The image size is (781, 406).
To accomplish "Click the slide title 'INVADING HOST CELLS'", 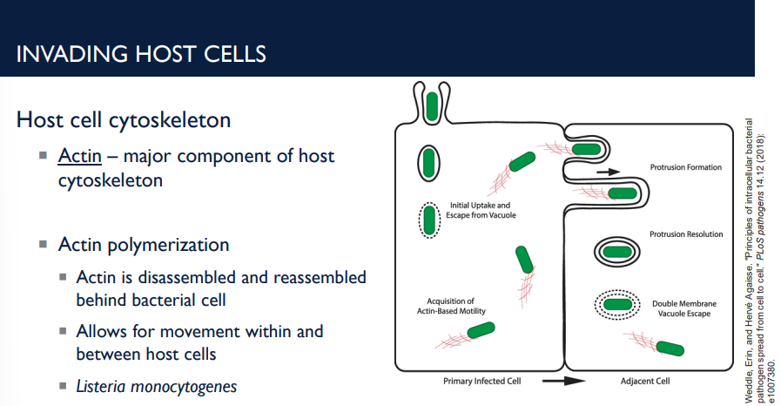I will pos(141,53).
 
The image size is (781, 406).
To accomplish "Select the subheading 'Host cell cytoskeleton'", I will pos(124,119).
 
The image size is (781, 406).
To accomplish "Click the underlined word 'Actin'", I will pos(80,157).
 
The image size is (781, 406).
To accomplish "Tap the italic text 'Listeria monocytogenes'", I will pos(156,386).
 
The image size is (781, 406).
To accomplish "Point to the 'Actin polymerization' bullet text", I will pos(144,244).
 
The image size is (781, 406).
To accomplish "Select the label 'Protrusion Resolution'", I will pos(686,234).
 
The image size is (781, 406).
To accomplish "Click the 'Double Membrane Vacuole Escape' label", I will pos(684,308).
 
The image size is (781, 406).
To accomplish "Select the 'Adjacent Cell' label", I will pos(645,381).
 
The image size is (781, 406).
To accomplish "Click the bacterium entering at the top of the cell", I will pos(430,105).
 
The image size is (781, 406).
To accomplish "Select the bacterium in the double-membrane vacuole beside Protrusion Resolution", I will pos(617,252).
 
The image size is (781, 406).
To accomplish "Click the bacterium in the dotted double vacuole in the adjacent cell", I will pos(617,305).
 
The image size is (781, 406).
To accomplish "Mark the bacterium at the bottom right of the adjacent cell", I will pos(669,348).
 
